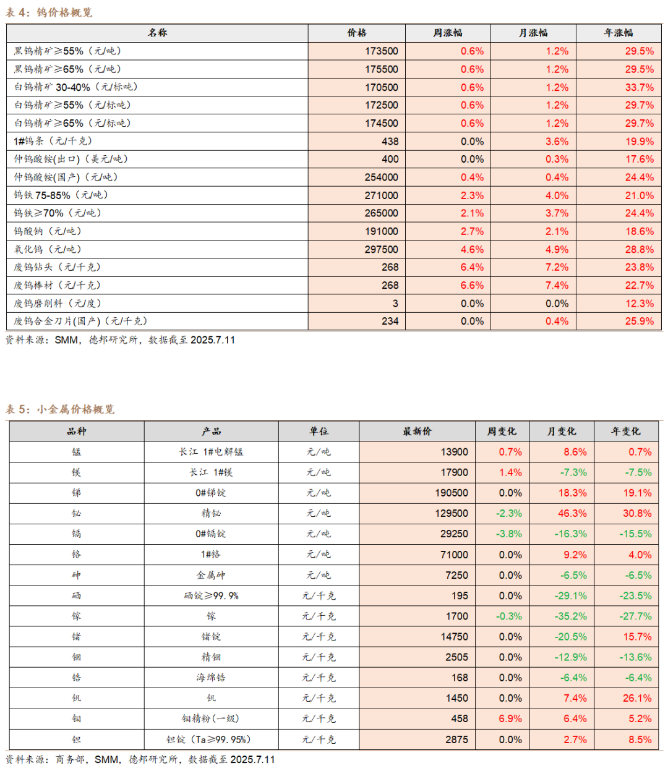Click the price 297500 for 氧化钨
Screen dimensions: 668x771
pyautogui.click(x=381, y=249)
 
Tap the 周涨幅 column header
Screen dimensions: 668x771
pyautogui.click(x=447, y=33)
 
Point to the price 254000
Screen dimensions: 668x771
pyautogui.click(x=381, y=177)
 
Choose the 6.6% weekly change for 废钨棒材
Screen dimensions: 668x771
pyautogui.click(x=472, y=286)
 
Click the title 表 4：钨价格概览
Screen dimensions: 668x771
pyautogui.click(x=48, y=13)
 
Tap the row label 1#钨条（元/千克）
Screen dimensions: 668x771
pyautogui.click(x=53, y=141)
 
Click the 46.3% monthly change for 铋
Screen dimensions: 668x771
pyautogui.click(x=572, y=513)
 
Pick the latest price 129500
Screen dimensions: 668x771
pyautogui.click(x=451, y=513)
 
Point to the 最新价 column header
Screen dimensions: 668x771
pyautogui.click(x=417, y=431)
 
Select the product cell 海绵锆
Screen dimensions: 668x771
pyautogui.click(x=211, y=678)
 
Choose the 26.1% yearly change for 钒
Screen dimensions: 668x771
pyautogui.click(x=637, y=698)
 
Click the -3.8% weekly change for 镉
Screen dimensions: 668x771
pyautogui.click(x=508, y=534)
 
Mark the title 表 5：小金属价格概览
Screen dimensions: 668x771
pyautogui.click(x=60, y=409)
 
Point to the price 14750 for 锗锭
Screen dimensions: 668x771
pyautogui.click(x=454, y=636)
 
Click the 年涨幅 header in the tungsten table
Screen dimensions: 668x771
pyautogui.click(x=618, y=33)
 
